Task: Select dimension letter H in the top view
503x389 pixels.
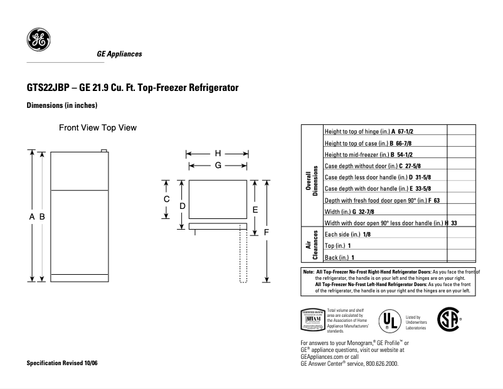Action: (x=218, y=153)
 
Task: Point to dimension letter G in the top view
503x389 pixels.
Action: (x=218, y=165)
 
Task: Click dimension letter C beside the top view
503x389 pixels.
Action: (x=167, y=199)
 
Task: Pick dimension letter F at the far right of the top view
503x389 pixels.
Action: (x=267, y=232)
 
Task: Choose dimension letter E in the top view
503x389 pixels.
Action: (x=255, y=209)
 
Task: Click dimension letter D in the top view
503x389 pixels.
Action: (x=182, y=206)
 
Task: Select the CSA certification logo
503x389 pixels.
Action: (x=447, y=318)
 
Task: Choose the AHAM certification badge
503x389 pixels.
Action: (x=312, y=319)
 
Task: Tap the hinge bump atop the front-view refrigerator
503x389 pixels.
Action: (x=105, y=149)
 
